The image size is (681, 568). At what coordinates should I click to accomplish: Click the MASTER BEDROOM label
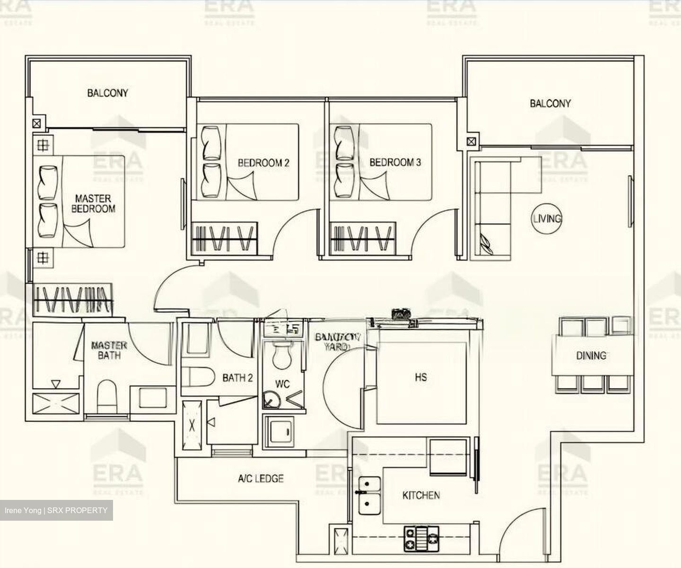tap(93, 203)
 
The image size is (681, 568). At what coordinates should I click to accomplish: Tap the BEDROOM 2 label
tap(263, 163)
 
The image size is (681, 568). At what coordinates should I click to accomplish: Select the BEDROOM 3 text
tap(395, 163)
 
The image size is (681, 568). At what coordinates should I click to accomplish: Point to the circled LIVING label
tap(547, 218)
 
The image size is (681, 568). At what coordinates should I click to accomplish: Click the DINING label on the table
tap(591, 356)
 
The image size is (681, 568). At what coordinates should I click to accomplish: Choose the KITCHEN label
tap(421, 496)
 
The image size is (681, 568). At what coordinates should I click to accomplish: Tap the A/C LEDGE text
tap(261, 479)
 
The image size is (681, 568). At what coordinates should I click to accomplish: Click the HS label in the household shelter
tap(420, 377)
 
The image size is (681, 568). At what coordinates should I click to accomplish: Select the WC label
tap(282, 384)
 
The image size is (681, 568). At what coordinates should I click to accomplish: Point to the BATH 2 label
tap(237, 378)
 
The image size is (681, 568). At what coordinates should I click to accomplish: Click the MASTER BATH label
tap(109, 350)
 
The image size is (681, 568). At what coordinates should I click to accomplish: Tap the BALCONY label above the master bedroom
tap(107, 93)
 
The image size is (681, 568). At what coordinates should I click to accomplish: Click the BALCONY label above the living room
tap(550, 104)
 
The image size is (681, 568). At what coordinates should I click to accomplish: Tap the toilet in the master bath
tap(106, 397)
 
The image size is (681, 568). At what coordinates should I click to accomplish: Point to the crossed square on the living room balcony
tap(471, 141)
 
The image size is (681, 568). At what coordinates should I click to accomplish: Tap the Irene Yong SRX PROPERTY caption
tap(56, 510)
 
